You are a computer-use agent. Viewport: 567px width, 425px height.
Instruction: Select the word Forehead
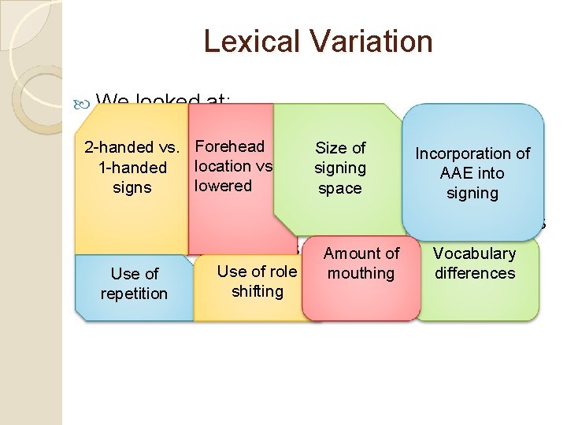tap(229, 146)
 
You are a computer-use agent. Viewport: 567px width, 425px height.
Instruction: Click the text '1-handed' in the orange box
tap(132, 168)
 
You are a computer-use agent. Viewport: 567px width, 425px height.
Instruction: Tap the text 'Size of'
tap(340, 147)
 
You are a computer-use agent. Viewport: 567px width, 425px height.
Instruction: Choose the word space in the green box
tap(339, 188)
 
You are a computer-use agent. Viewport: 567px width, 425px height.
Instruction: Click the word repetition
tap(134, 294)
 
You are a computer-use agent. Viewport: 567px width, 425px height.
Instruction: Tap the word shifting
tap(257, 291)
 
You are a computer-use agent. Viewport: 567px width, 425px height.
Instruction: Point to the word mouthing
tap(361, 273)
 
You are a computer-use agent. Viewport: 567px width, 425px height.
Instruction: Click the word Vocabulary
tap(474, 253)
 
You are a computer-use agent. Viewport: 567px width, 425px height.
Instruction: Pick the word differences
tap(474, 273)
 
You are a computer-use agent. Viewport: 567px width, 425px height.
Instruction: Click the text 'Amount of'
tap(361, 253)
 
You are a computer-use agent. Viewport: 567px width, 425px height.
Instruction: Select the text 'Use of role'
tap(257, 272)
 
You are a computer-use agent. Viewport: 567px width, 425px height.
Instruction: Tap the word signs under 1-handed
tap(132, 188)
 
